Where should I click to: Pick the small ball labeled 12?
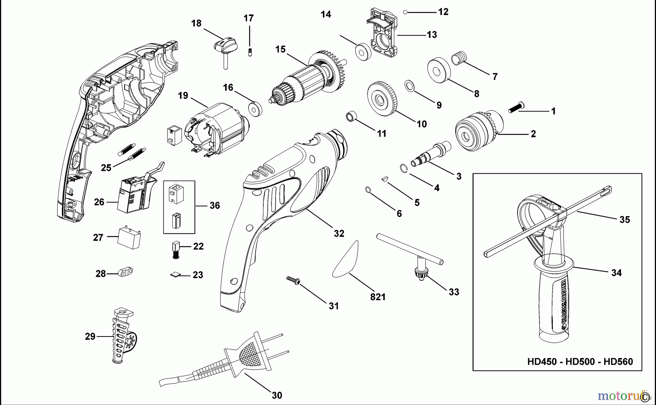(405, 12)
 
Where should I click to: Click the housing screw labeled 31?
(293, 280)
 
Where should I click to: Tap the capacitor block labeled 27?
(129, 237)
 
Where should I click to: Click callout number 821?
(378, 297)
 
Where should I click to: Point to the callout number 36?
(215, 205)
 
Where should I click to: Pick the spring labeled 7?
(460, 58)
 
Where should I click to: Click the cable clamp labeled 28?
(125, 272)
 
